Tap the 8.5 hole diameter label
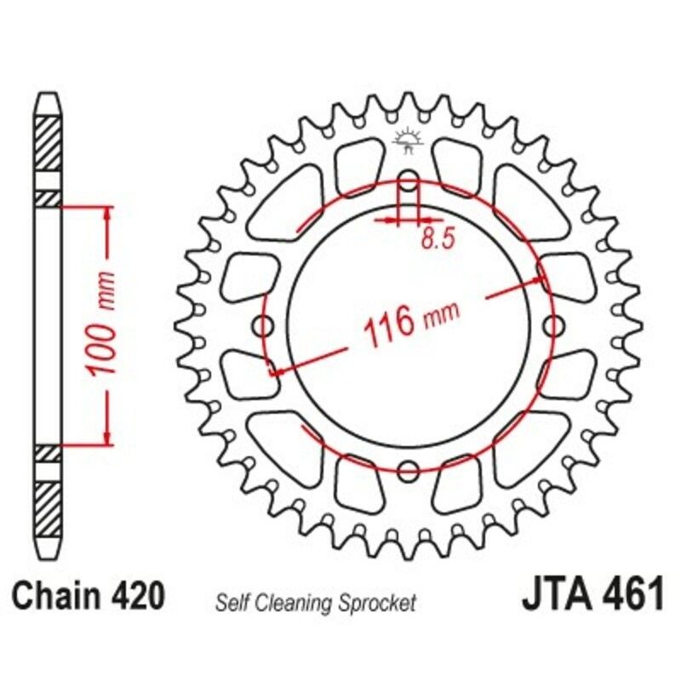click(x=435, y=240)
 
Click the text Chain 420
click(x=89, y=596)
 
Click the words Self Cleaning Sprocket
click(x=316, y=604)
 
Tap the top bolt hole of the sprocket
click(x=409, y=180)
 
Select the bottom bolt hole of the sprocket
click(x=409, y=471)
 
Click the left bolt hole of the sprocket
click(x=263, y=325)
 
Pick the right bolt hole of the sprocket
click(x=554, y=325)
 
